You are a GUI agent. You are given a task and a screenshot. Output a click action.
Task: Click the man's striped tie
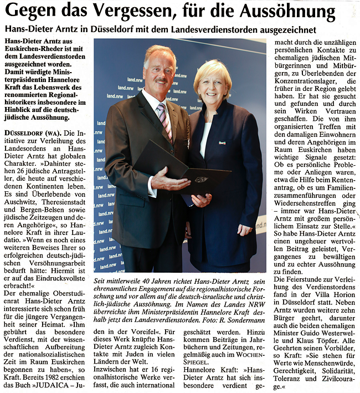(x=164, y=120)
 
